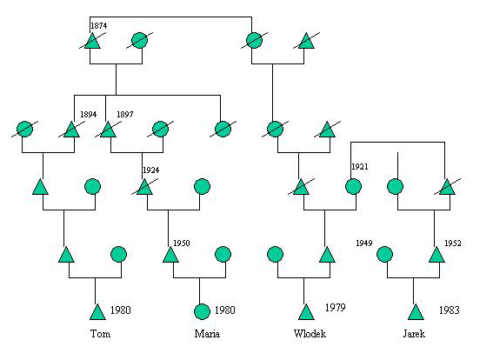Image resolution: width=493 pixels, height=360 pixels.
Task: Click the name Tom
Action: tap(100, 334)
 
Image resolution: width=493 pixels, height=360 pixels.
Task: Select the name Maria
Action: tap(207, 334)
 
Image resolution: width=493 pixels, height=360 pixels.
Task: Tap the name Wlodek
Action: tap(310, 334)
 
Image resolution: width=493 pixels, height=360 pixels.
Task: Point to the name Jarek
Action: tap(414, 334)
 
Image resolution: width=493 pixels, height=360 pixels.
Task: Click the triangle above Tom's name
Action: tap(97, 312)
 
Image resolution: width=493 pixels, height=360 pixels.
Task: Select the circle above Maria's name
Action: tap(202, 311)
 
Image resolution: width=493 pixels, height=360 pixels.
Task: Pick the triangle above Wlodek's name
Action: tap(306, 312)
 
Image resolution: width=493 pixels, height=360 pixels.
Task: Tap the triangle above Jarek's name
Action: tap(416, 312)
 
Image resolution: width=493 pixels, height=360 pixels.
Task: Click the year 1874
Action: tap(99, 26)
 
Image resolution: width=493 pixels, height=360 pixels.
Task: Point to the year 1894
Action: tap(89, 115)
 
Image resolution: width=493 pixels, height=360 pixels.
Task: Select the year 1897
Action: tap(125, 115)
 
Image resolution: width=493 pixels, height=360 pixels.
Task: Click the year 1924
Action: tap(151, 170)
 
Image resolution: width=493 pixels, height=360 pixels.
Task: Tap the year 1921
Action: tap(360, 167)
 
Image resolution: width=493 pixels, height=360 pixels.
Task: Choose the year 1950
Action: tap(182, 243)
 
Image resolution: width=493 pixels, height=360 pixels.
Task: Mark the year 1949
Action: tap(364, 243)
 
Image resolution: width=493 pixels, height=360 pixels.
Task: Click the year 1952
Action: tap(453, 243)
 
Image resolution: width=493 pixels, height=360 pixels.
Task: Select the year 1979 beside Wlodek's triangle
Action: tap(335, 307)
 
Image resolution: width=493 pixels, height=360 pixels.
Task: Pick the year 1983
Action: tap(450, 310)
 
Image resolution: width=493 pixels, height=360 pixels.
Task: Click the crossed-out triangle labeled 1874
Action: tap(92, 41)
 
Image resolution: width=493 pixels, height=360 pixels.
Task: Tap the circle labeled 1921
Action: tap(353, 186)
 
